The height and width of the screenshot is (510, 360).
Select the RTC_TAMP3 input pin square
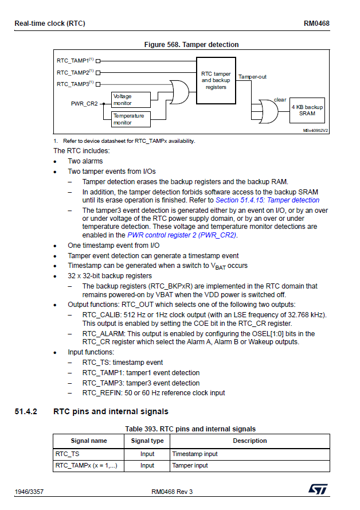pos(98,84)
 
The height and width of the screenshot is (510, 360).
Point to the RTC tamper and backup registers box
pos(216,80)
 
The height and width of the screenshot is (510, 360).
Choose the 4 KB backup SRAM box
pos(307,110)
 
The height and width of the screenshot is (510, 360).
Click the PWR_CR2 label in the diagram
pos(84,104)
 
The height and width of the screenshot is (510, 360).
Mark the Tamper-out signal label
pos(252,76)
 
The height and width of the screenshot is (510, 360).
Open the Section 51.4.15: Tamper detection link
pos(267,200)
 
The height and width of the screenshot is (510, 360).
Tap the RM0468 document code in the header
pos(316,24)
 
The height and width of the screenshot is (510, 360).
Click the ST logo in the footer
pos(317,489)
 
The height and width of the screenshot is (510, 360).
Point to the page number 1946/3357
pos(29,492)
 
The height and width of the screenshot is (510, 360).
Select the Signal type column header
pos(147,441)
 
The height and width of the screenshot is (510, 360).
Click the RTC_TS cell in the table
pos(67,454)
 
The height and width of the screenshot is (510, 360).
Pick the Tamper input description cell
pos(190,465)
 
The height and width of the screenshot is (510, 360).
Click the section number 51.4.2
pos(26,411)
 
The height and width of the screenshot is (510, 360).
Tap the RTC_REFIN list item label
pos(99,393)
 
